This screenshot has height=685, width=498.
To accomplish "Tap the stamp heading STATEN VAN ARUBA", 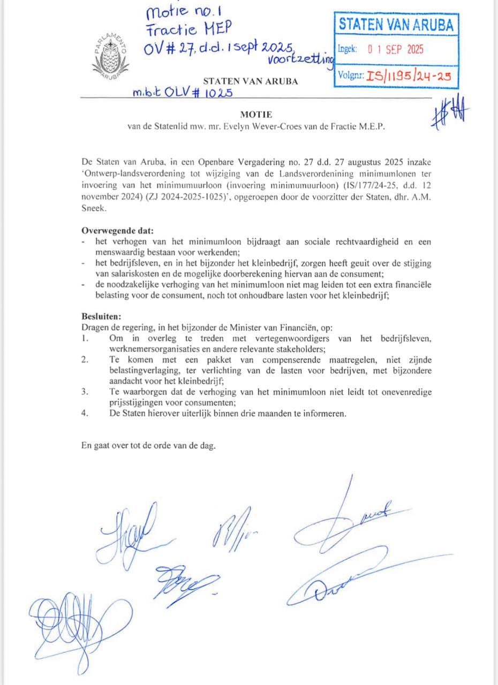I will click(x=396, y=24).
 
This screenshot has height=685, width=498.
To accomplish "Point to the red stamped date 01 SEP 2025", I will click(x=395, y=49).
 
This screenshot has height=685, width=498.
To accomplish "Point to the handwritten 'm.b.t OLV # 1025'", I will click(x=182, y=92).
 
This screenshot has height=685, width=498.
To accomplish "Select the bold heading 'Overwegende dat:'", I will click(x=117, y=231).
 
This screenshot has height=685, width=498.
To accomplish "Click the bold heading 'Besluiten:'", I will click(x=102, y=316).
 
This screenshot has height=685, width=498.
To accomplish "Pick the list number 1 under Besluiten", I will click(x=85, y=338).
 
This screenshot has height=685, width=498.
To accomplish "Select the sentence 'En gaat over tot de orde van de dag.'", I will click(x=148, y=445).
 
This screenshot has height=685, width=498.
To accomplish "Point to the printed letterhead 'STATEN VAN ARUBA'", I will click(x=251, y=82).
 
